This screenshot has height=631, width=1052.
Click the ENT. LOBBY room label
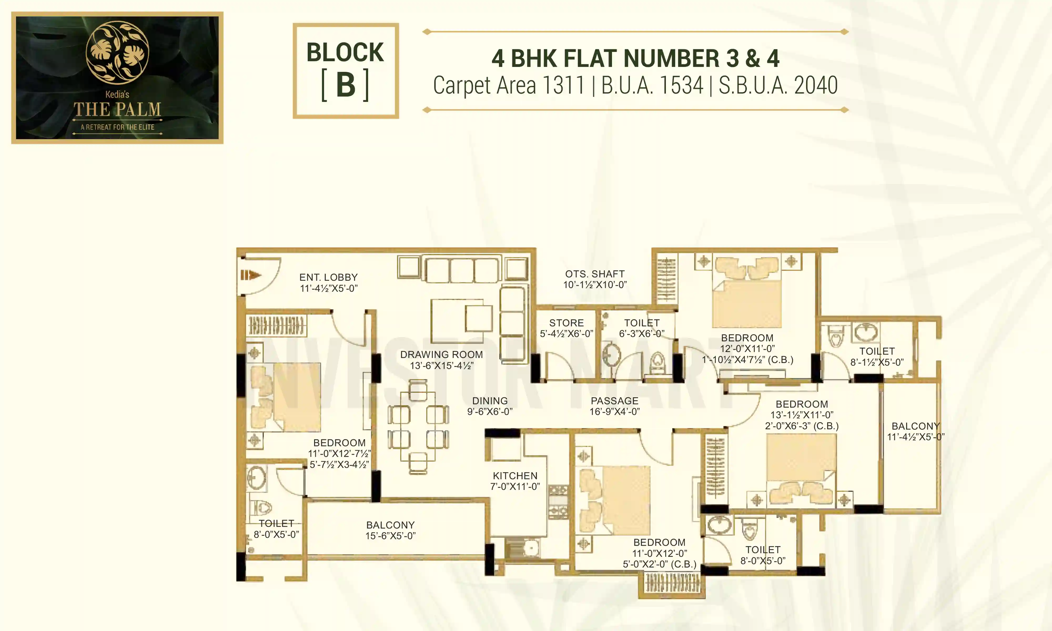tap(328, 277)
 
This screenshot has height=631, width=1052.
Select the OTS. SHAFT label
tap(594, 274)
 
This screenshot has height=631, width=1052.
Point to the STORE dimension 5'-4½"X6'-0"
tap(567, 334)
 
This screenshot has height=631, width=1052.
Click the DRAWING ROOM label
tap(441, 355)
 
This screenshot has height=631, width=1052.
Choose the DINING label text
tap(490, 401)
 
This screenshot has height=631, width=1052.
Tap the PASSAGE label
tap(614, 401)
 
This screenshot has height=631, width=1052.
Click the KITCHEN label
tap(515, 476)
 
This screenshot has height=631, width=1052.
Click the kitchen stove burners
tap(558, 502)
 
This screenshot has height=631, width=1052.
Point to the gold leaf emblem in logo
tap(117, 52)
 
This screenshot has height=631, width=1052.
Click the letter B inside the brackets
tap(345, 85)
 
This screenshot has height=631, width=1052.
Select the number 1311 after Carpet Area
tap(563, 85)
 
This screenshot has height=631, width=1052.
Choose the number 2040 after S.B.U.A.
tap(816, 85)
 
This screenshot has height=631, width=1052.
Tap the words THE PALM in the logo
tap(117, 110)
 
